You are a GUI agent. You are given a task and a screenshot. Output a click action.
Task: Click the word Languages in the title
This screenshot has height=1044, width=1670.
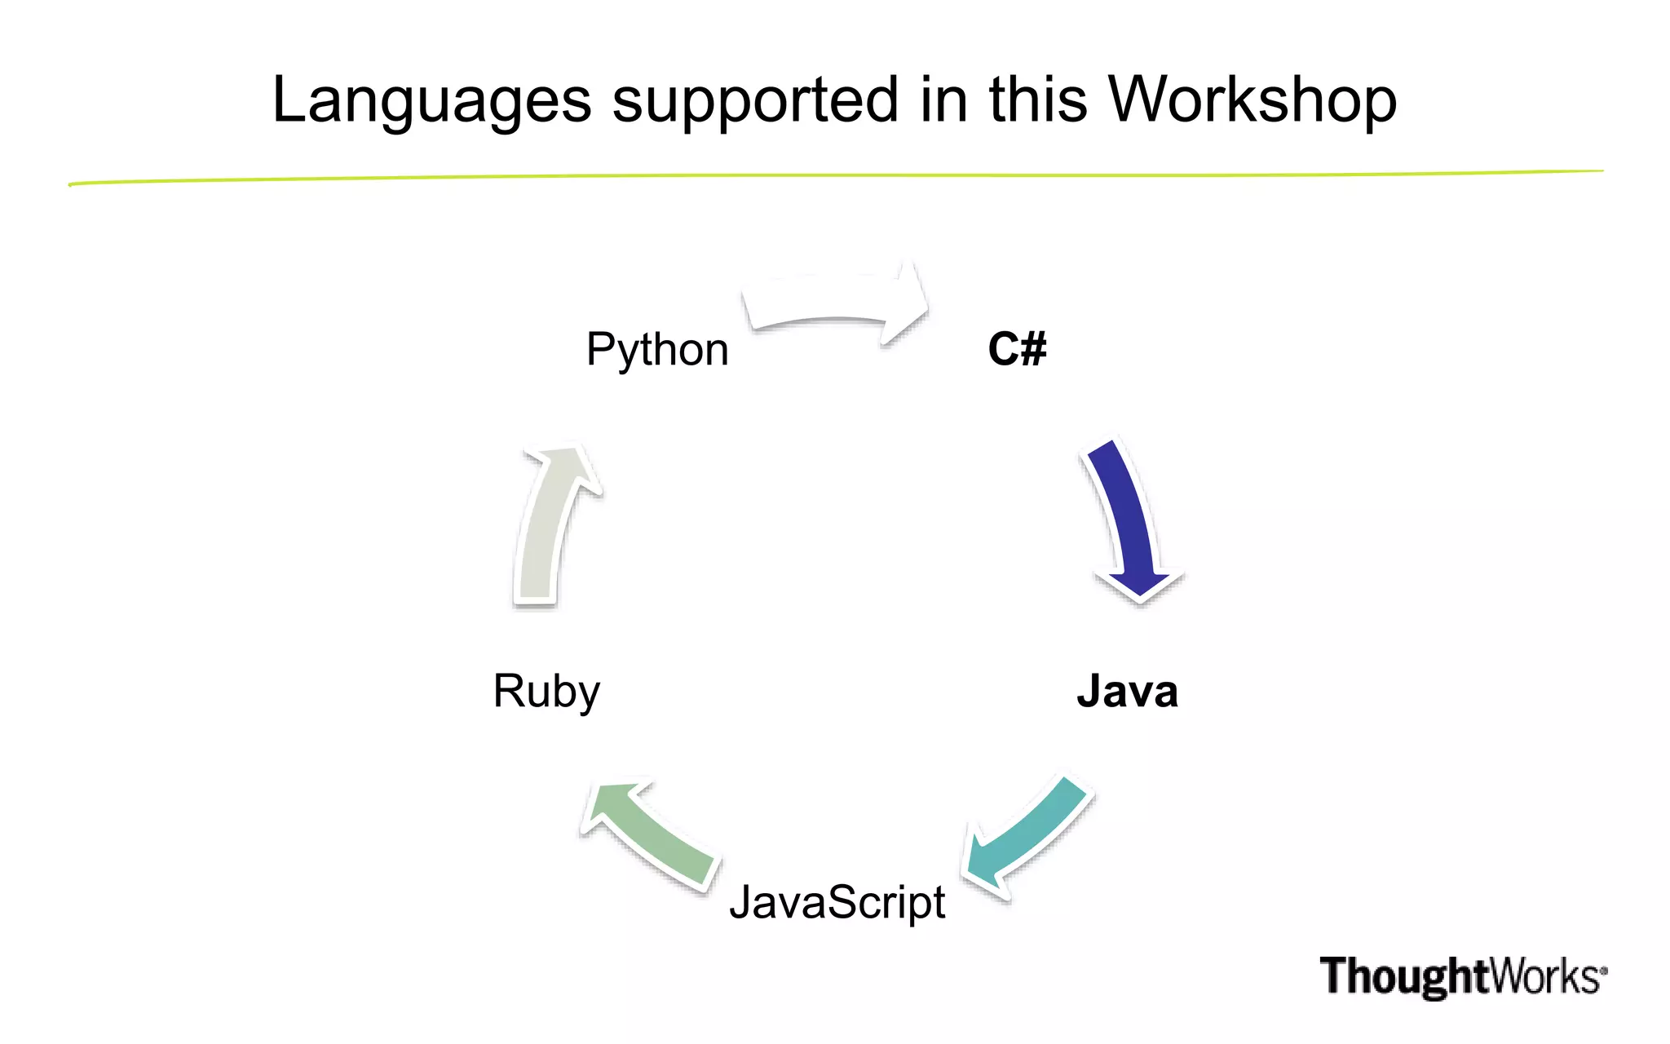pos(431,100)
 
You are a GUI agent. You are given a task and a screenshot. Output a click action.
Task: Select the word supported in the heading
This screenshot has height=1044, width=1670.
pos(755,100)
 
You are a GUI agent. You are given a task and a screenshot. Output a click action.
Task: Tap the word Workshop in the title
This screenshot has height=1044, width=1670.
pos(1252,100)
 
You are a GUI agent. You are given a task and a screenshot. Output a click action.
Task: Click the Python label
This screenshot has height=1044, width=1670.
pos(657,350)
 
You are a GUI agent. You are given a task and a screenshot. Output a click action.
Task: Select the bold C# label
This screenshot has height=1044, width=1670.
pos(1017,349)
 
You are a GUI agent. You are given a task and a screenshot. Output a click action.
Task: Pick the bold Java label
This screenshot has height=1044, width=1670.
pos(1127,692)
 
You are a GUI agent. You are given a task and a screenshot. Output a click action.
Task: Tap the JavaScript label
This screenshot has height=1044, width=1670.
pos(837,903)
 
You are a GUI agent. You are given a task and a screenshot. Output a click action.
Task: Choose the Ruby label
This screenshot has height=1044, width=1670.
pos(546,692)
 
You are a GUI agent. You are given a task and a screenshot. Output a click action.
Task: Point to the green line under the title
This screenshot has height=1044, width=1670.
pos(835,176)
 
